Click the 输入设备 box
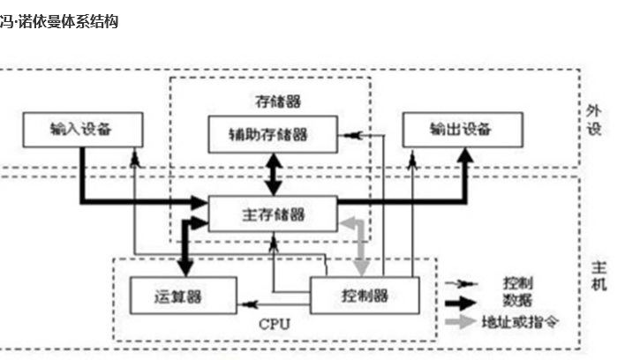tap(81, 130)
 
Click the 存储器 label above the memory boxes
tap(269, 99)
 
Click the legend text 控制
tap(517, 283)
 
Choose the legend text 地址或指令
tap(525, 320)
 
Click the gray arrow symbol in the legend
tap(464, 320)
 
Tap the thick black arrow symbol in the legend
tap(464, 302)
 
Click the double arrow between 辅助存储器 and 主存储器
tap(274, 175)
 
